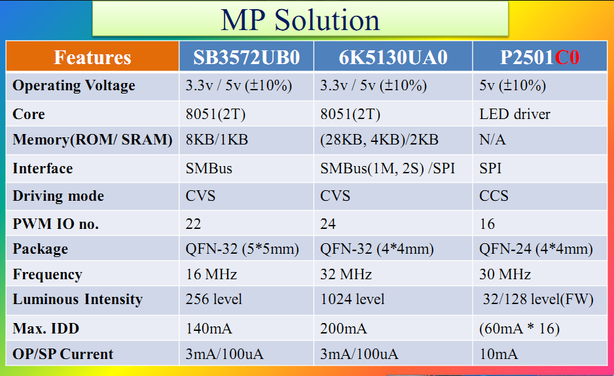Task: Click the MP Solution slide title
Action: tap(300, 20)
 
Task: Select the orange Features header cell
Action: tap(92, 57)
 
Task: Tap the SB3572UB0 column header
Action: tap(246, 57)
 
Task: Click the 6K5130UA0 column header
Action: tap(393, 57)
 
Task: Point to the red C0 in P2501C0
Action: tap(567, 57)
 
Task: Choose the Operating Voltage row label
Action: tap(73, 86)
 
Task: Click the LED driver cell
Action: tap(515, 114)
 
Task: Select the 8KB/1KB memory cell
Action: tap(217, 140)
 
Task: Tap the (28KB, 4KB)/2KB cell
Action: tap(379, 140)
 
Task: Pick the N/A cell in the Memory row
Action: tap(492, 140)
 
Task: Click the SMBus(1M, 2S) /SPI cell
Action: tap(388, 168)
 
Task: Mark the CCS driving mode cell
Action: tap(494, 196)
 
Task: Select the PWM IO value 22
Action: tap(193, 224)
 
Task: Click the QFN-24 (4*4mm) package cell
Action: tap(535, 249)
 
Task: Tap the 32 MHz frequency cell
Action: tap(346, 274)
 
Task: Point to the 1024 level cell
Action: tap(352, 299)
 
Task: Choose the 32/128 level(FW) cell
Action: tap(538, 299)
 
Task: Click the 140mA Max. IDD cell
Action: tap(209, 328)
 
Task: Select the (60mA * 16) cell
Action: tap(519, 329)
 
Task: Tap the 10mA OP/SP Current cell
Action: tap(498, 354)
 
